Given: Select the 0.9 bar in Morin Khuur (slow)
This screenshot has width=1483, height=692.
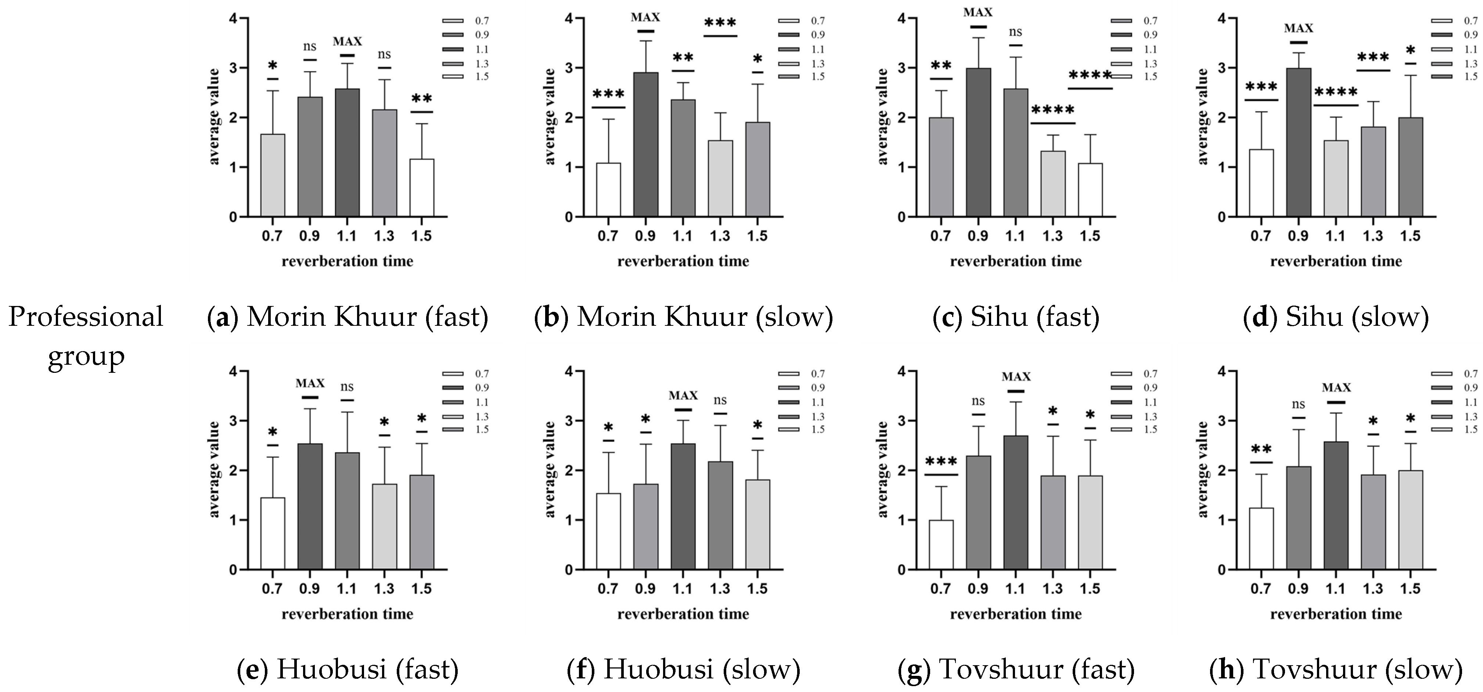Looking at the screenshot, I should point(645,144).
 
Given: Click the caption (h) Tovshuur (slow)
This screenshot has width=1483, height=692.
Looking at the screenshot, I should point(1336,670).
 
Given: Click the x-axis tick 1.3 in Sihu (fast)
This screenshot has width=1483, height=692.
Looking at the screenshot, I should point(1052,236).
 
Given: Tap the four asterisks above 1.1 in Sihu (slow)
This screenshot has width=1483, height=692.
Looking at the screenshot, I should point(1336,92).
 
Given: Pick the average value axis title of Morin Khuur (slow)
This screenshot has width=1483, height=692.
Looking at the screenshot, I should point(550,117).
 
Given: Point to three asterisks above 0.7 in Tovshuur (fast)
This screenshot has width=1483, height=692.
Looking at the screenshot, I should point(941,462).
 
